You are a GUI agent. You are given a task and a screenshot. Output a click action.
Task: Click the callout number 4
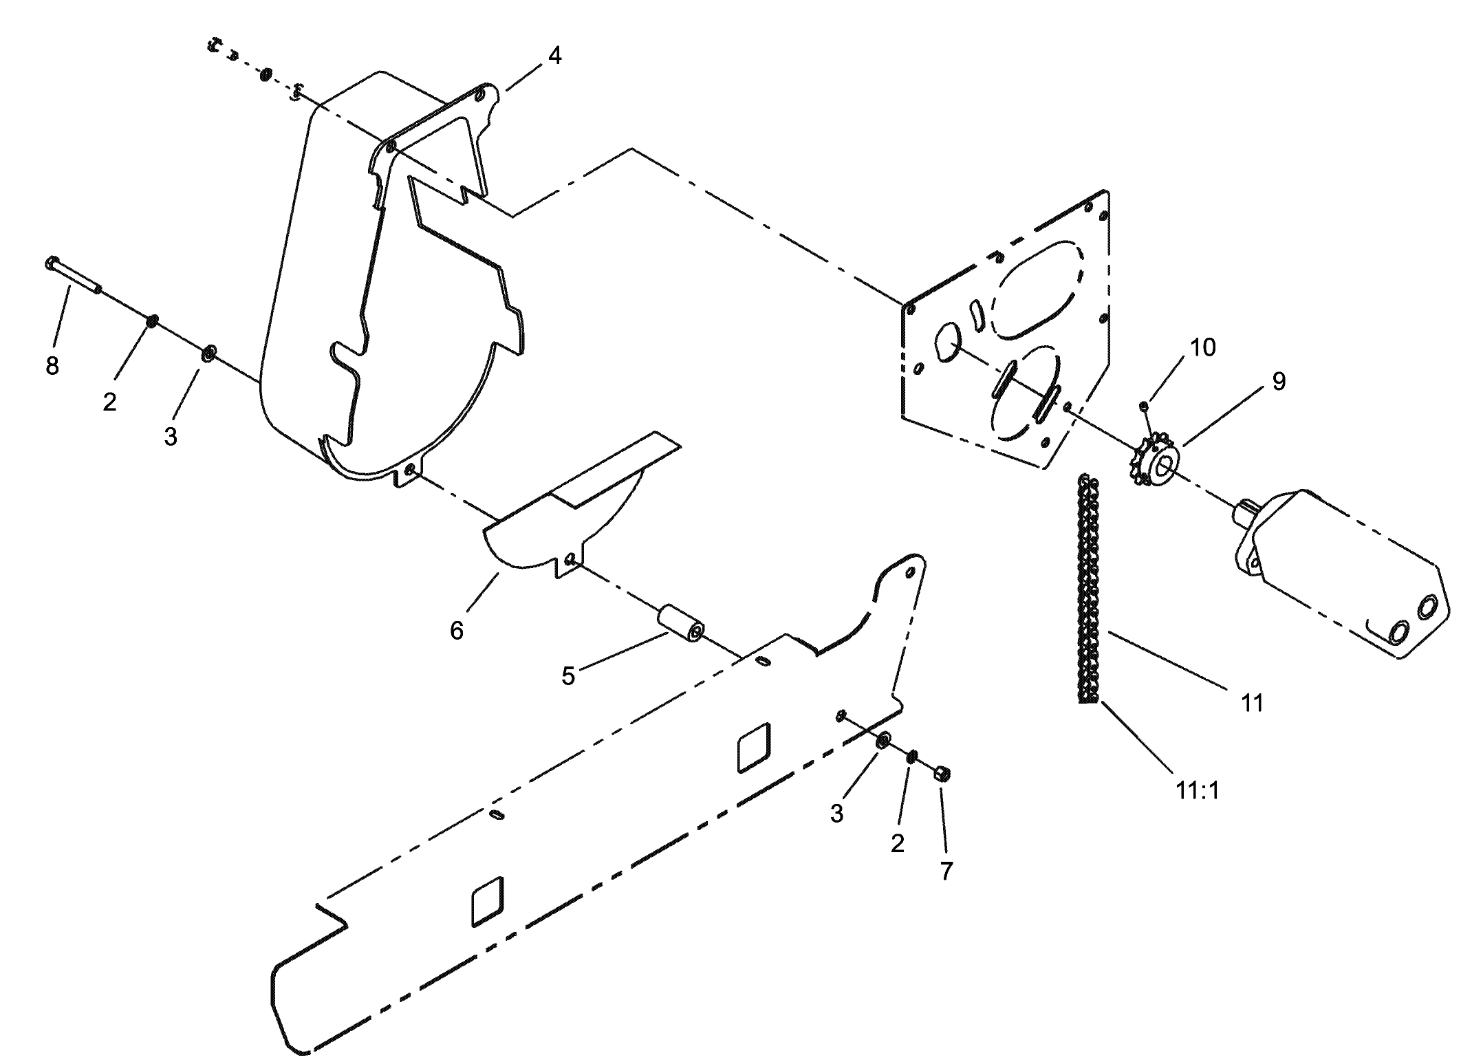pyautogui.click(x=554, y=56)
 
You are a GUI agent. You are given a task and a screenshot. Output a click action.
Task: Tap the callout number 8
pyautogui.click(x=52, y=366)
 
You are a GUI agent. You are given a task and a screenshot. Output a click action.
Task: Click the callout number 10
pyautogui.click(x=1203, y=347)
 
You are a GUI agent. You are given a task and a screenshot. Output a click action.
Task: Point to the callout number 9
pyautogui.click(x=1279, y=381)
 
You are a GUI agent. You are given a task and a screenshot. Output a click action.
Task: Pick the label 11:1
pyautogui.click(x=1198, y=791)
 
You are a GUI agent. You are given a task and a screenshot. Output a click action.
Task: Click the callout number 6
pyautogui.click(x=457, y=630)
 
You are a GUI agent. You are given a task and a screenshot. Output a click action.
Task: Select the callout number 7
pyautogui.click(x=946, y=871)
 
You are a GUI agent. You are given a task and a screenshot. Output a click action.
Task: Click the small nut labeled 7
pyautogui.click(x=942, y=774)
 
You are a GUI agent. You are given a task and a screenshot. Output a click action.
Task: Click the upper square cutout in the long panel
pyautogui.click(x=754, y=746)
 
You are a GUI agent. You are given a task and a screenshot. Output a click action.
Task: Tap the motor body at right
pyautogui.click(x=1348, y=574)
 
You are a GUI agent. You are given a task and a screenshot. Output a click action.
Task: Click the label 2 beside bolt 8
pyautogui.click(x=110, y=402)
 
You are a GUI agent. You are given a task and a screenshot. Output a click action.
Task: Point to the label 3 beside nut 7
pyautogui.click(x=836, y=814)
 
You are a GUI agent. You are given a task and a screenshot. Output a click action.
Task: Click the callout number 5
pyautogui.click(x=568, y=676)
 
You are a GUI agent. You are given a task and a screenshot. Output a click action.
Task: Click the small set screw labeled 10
pyautogui.click(x=1143, y=406)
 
